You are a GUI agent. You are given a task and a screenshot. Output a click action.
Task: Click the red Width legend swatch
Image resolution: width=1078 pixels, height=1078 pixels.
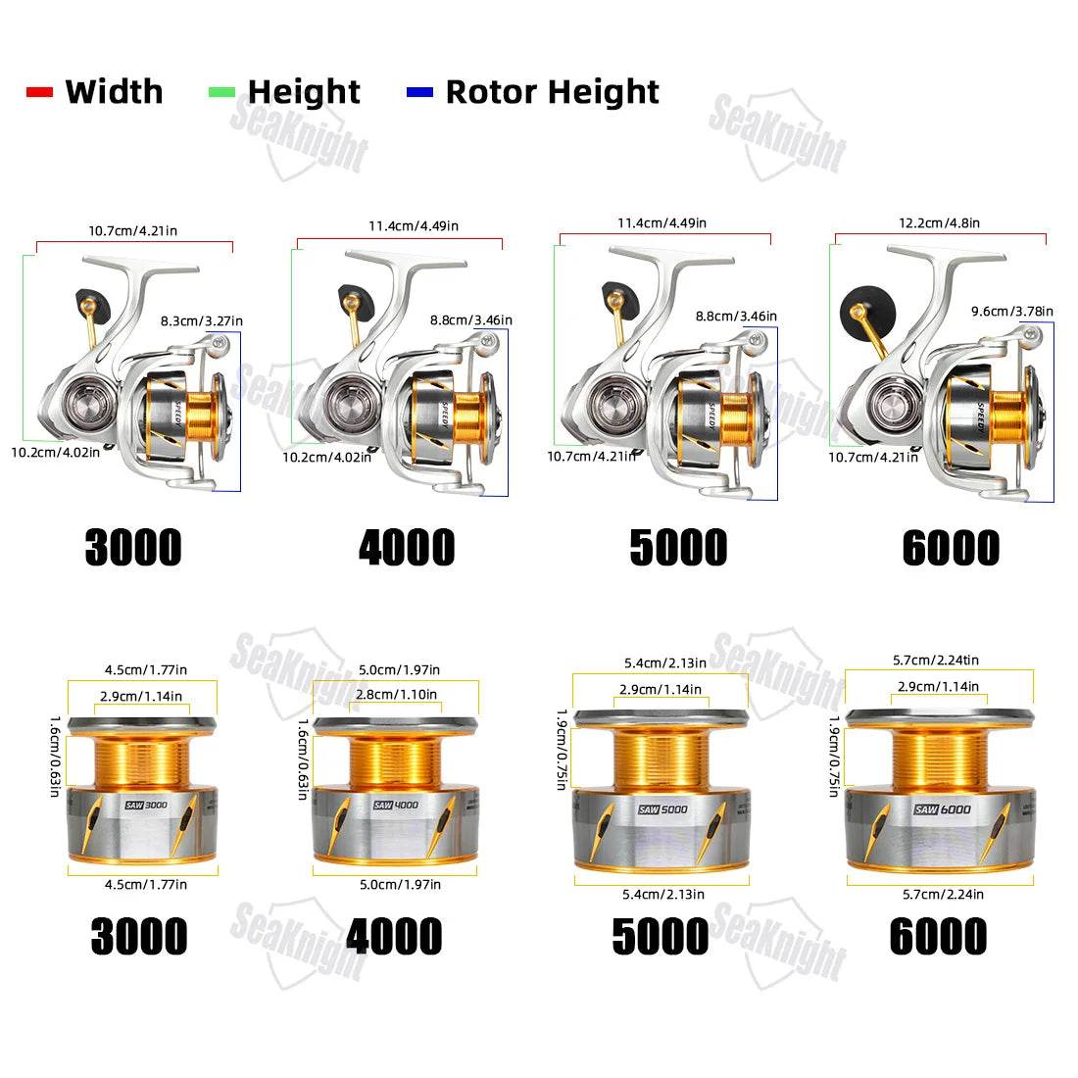[39, 92]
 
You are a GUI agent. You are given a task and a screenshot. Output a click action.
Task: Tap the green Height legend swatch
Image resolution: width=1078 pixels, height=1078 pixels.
[221, 92]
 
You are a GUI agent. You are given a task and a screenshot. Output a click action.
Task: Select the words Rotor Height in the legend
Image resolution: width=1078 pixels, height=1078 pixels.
[552, 92]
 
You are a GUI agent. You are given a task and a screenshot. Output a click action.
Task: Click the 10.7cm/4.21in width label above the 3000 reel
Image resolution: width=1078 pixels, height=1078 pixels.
[132, 231]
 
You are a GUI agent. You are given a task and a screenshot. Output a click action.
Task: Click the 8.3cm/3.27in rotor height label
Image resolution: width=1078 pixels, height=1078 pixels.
[201, 319]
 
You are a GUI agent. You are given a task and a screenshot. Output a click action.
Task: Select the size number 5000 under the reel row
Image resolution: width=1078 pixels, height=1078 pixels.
[678, 547]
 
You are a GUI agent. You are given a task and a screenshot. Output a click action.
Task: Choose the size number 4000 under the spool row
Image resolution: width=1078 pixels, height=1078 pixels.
[394, 936]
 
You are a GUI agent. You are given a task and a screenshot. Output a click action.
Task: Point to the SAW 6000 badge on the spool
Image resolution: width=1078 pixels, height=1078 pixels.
[942, 808]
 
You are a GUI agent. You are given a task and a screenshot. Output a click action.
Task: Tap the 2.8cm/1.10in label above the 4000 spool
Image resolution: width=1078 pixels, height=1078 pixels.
[396, 694]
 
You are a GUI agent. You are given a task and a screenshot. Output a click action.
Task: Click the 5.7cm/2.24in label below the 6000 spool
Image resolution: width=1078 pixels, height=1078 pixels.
[940, 894]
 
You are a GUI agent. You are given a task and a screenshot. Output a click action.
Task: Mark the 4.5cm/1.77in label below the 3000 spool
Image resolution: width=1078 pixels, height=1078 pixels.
[146, 884]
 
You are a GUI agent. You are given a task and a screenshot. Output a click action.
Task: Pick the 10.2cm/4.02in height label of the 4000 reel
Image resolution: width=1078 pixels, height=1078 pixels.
[327, 457]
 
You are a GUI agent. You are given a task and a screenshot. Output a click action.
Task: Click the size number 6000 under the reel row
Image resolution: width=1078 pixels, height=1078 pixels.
[951, 547]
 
